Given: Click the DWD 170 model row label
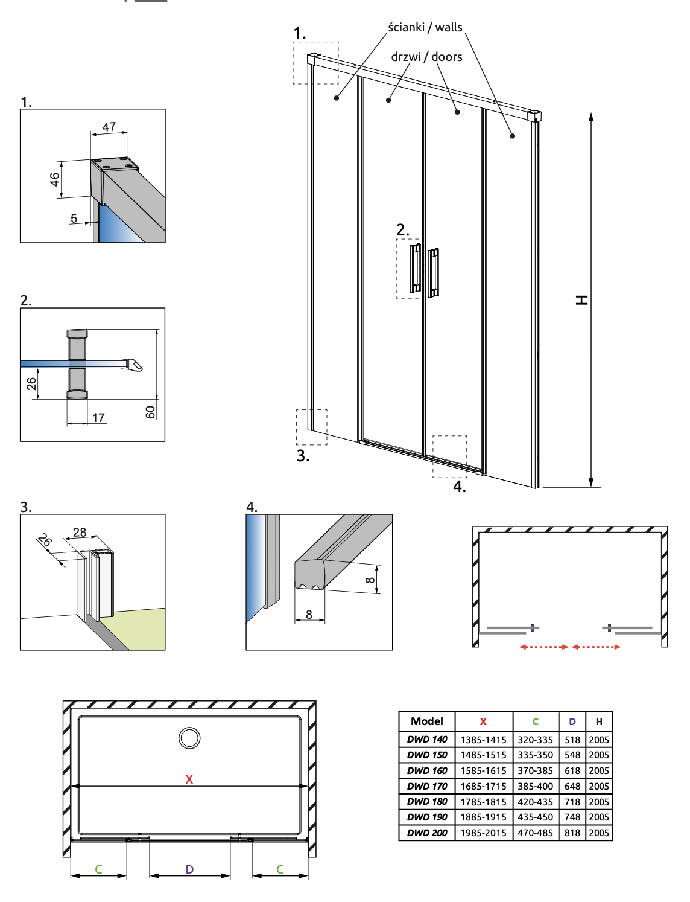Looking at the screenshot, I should click(427, 786).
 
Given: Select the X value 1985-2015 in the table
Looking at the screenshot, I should click(483, 833).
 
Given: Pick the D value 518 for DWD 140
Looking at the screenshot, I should click(572, 740).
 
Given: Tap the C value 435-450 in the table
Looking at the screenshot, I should click(535, 817).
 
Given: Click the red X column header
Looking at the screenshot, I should click(483, 721).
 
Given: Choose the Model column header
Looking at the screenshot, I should click(427, 721).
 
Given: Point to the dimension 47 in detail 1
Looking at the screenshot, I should click(109, 127).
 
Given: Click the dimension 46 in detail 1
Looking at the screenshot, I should click(55, 179).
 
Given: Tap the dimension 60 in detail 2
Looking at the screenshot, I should click(150, 412).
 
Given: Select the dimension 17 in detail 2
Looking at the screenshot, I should click(98, 418).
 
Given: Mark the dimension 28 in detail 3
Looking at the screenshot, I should click(80, 532).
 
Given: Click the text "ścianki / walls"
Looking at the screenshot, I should click(425, 27).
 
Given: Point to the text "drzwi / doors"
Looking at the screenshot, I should click(426, 57).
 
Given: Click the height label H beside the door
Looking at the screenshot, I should click(581, 300).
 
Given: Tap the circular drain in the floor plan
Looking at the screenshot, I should click(189, 738).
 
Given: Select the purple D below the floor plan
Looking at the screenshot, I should click(189, 869).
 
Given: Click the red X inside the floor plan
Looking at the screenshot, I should click(189, 779).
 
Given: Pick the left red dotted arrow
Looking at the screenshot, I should click(543, 647).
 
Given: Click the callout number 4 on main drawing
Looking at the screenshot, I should click(460, 487).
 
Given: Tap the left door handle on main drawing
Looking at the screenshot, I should click(415, 268).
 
